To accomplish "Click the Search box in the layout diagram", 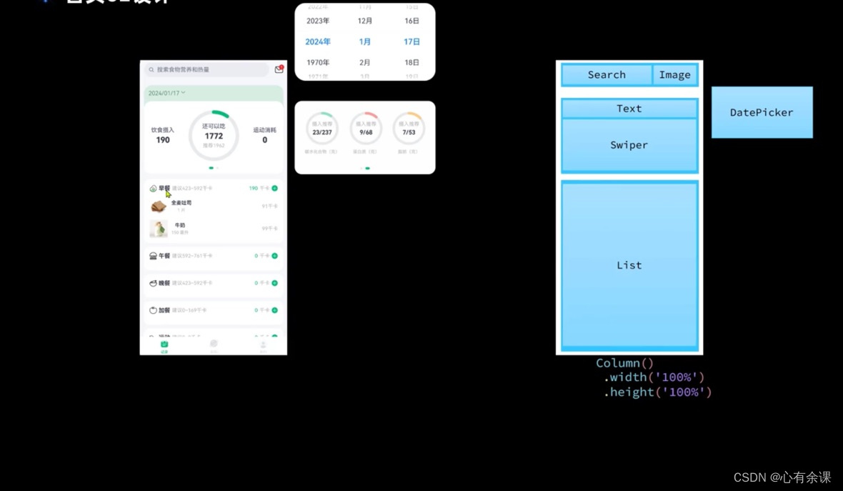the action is click(607, 75).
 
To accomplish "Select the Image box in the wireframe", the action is click(674, 75).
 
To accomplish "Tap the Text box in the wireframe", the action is click(629, 109).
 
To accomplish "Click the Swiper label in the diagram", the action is click(629, 145).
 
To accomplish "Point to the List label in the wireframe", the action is click(629, 265).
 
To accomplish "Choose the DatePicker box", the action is click(762, 112).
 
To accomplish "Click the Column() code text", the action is click(624, 363).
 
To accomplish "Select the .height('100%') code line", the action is click(657, 392).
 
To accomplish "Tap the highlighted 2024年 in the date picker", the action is click(318, 42).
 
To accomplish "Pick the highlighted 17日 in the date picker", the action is click(411, 42).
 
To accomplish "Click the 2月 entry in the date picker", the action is click(365, 63).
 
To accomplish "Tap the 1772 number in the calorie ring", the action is click(214, 136).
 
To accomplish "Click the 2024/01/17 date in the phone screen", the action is click(164, 94).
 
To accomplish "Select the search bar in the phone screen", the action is click(206, 70).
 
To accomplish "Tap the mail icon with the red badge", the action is click(279, 69).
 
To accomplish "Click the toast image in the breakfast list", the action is click(159, 206).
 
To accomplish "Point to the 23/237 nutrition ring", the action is click(322, 129).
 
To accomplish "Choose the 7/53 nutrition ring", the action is click(409, 129).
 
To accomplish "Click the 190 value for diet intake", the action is click(163, 140).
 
